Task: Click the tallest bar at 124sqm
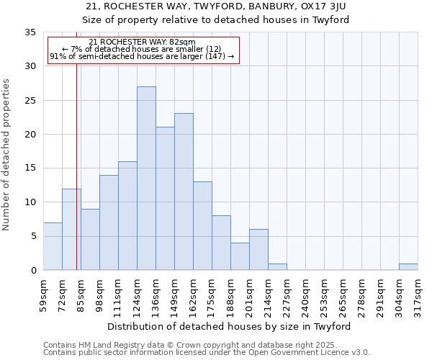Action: [146, 179]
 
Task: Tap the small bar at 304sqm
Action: [408, 267]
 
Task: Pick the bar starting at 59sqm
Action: [53, 246]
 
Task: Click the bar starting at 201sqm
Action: [258, 250]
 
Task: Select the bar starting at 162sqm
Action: [202, 226]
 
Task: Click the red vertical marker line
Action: [76, 180]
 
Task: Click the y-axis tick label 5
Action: [32, 237]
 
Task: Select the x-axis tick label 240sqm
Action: [305, 296]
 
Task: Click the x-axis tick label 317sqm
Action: [418, 296]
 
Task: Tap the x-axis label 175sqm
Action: [212, 296]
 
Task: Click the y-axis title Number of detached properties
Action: [7, 155]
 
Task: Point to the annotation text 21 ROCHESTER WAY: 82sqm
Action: [142, 42]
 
